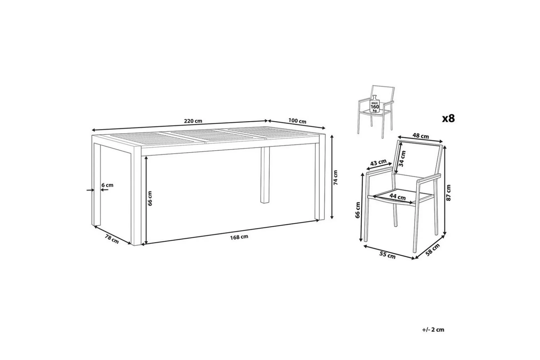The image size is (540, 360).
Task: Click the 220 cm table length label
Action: coord(193,121)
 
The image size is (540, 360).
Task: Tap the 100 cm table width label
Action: coord(297,121)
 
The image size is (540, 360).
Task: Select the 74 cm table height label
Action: coord(336,178)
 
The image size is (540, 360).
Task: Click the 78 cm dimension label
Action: coord(111,239)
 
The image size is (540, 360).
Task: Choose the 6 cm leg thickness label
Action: coord(107,185)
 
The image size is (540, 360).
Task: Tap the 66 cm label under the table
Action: coord(150,198)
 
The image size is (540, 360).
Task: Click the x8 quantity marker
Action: coord(448,118)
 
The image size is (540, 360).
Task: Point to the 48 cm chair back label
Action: coord(421,136)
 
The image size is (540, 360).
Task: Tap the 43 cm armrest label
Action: coord(378,163)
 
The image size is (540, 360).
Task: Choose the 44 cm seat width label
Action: coord(397,197)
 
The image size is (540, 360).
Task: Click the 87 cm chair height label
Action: coord(449,192)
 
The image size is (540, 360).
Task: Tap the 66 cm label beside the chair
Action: coord(358,210)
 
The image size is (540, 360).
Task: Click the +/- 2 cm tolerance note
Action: coord(433,330)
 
